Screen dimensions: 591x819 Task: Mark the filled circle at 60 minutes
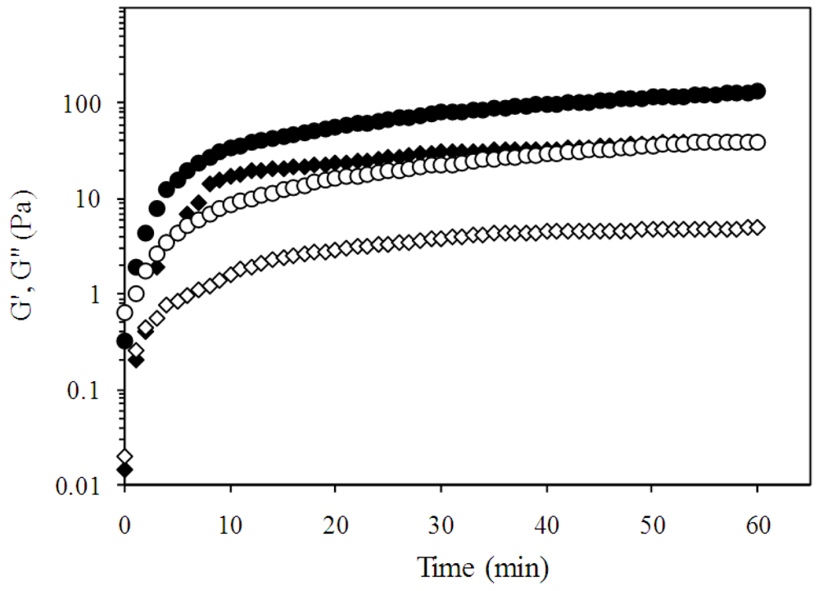pos(758,91)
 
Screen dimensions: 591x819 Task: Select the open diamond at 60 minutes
pos(758,227)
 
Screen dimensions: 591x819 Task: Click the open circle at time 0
pos(124,312)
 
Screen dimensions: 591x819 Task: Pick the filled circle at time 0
pos(124,341)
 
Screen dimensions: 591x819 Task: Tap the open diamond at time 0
pos(124,456)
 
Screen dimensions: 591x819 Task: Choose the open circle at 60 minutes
pos(758,142)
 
